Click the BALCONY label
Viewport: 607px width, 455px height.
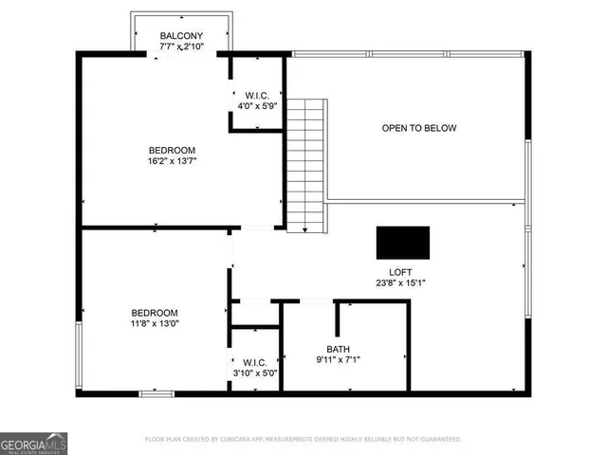tap(181, 36)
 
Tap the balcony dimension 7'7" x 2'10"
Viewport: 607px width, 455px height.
tap(181, 46)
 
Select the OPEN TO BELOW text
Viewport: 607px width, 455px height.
tap(418, 128)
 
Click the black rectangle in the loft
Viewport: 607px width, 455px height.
tap(402, 243)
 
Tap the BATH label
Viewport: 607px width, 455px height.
tap(338, 348)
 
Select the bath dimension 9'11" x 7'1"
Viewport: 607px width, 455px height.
tap(338, 359)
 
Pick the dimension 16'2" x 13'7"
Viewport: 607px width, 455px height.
tap(172, 161)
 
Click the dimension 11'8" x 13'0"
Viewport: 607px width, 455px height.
tap(155, 324)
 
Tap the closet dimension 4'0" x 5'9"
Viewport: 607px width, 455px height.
tap(257, 105)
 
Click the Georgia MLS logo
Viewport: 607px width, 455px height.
tap(33, 443)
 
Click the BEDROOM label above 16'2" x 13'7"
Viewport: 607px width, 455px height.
tap(172, 150)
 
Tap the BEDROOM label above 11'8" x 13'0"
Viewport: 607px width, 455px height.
tap(155, 313)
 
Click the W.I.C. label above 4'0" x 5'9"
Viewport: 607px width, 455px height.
tap(257, 95)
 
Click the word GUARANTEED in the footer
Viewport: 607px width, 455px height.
tap(436, 440)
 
